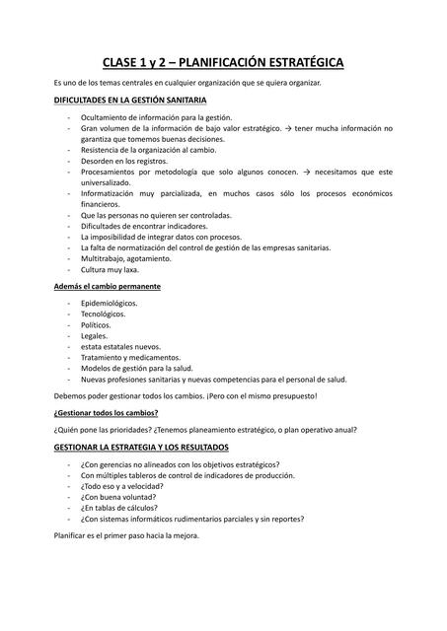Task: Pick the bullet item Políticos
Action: click(x=96, y=324)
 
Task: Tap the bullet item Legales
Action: click(x=94, y=335)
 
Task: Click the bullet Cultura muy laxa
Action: click(x=110, y=269)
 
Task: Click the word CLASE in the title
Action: click(x=126, y=63)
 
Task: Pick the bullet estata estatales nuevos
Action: click(x=120, y=346)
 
